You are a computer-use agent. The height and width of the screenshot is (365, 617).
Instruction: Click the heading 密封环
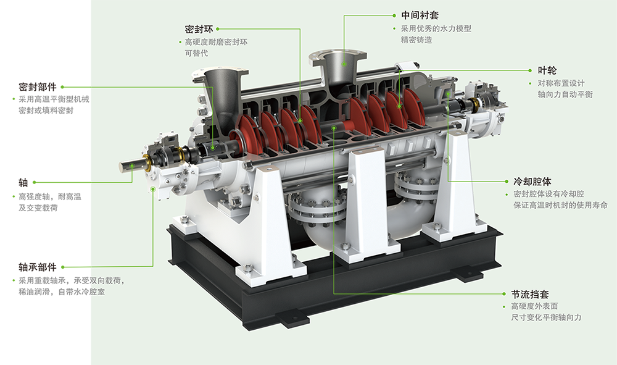click(199, 29)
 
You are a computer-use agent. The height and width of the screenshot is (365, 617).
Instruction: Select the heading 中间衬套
click(420, 15)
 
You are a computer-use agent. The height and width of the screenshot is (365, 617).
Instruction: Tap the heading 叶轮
click(547, 70)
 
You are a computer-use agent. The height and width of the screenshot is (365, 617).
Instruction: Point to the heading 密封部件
click(38, 87)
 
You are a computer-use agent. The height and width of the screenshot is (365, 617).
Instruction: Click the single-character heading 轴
click(23, 182)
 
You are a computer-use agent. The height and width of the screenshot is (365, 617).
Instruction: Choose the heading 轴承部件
click(38, 267)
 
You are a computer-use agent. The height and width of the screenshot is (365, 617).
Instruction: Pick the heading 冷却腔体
click(532, 182)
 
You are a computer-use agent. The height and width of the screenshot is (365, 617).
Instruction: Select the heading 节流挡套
click(530, 294)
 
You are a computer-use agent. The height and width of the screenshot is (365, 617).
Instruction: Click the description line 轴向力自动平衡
click(565, 94)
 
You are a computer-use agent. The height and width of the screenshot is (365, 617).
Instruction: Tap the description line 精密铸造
click(416, 40)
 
